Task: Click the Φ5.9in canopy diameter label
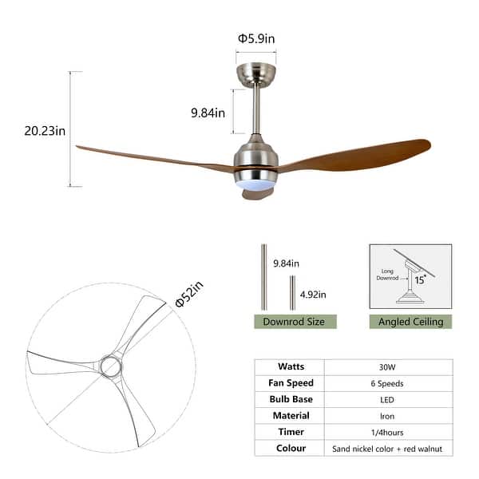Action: pos(255,38)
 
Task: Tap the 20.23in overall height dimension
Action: pos(45,132)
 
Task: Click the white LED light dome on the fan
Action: pos(254,184)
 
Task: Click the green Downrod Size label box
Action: pos(295,322)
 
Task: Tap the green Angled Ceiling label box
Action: pos(410,322)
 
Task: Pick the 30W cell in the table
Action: pos(388,366)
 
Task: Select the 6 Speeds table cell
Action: pos(388,383)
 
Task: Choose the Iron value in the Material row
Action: pos(388,415)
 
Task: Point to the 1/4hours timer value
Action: pos(388,432)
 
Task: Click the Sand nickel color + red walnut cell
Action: pos(388,449)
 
